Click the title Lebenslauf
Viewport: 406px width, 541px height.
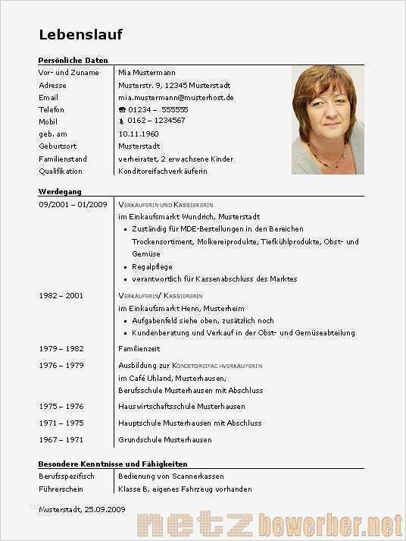click(80, 34)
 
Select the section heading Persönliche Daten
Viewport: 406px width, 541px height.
click(73, 60)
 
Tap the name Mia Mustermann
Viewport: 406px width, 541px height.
click(147, 72)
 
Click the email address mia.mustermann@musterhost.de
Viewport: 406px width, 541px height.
click(176, 97)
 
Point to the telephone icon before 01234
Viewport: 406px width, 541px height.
click(122, 109)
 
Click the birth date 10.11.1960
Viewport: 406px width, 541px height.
click(139, 134)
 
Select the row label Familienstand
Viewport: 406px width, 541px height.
click(63, 159)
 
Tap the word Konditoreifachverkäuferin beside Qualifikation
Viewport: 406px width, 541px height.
click(163, 171)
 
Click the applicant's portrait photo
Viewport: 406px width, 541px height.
click(327, 120)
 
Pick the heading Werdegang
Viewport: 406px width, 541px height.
click(60, 191)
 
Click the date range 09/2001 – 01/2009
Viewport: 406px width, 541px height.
click(73, 204)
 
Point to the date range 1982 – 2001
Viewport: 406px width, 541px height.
click(61, 295)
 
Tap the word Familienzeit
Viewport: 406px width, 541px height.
click(139, 348)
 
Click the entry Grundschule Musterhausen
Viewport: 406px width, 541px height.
click(165, 439)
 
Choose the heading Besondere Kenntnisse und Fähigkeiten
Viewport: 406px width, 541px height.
click(113, 463)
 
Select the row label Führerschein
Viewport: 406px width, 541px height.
click(61, 489)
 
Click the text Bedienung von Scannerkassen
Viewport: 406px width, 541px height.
click(171, 476)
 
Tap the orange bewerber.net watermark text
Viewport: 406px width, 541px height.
click(330, 524)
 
